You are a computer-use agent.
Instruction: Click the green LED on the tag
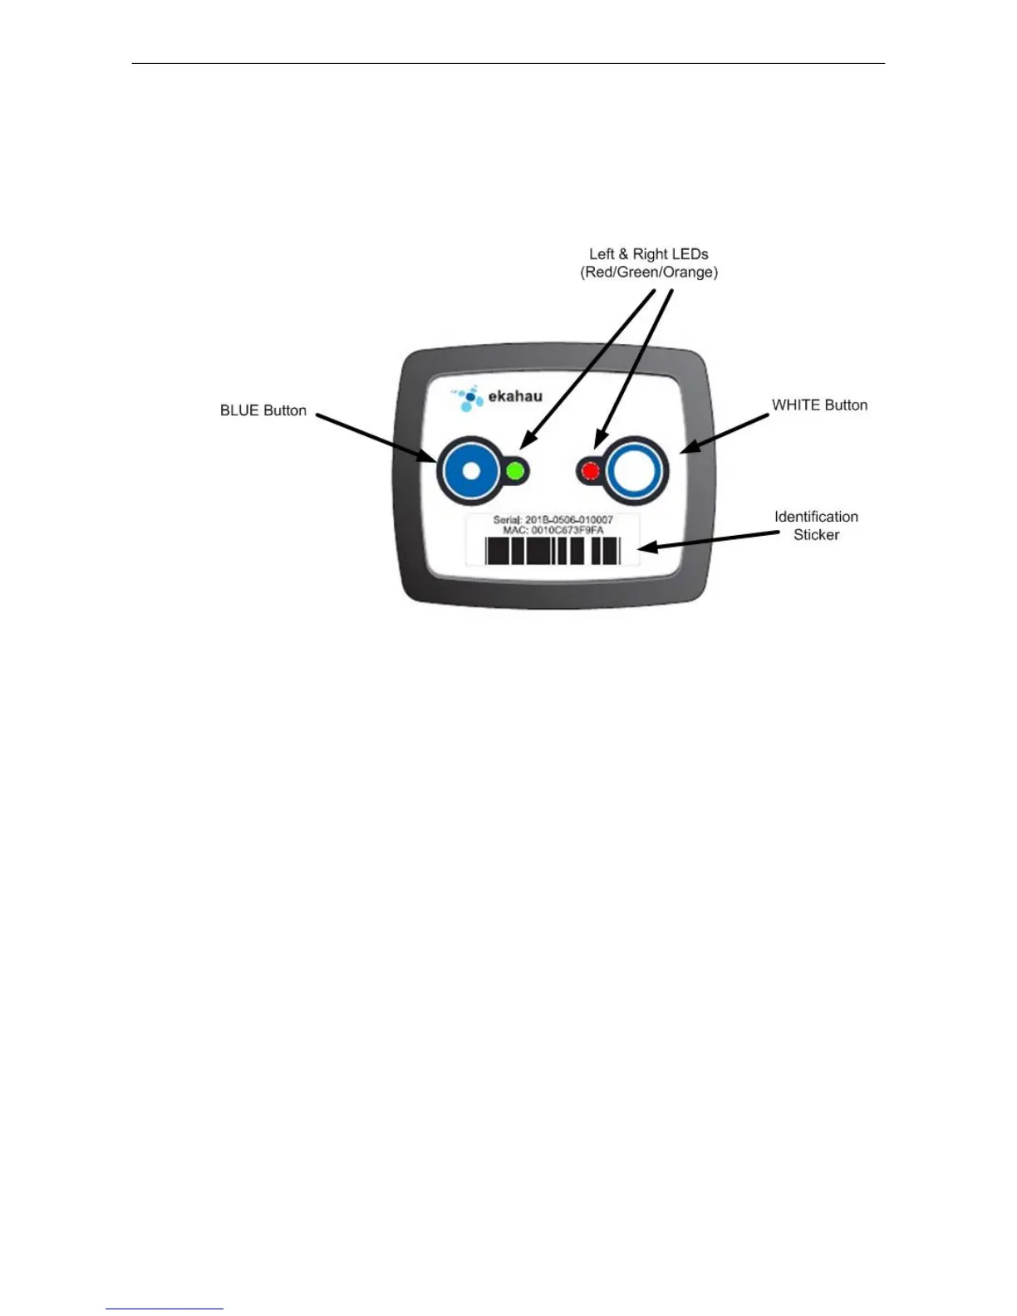(515, 471)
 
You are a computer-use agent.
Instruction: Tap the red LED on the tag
(590, 472)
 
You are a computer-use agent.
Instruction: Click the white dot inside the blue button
(471, 472)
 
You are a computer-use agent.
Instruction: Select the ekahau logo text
(515, 396)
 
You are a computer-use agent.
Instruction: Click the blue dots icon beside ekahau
(468, 399)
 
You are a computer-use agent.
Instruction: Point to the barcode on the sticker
(553, 551)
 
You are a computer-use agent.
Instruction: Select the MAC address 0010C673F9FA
(567, 530)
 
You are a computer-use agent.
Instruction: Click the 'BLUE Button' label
(263, 410)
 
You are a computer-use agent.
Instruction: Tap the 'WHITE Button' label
(819, 405)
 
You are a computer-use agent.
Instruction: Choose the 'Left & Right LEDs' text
(649, 254)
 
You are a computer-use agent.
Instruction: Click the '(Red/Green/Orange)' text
(649, 273)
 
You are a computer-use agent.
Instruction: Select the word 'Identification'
(816, 517)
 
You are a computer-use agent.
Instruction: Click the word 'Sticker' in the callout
(816, 535)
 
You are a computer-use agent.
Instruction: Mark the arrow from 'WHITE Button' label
(725, 433)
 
